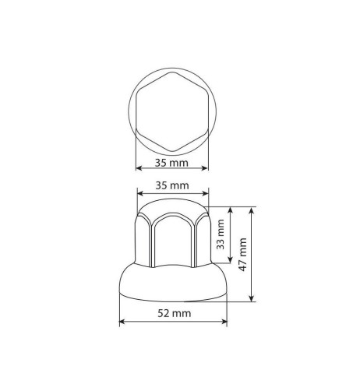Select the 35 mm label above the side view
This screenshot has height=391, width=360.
point(171,185)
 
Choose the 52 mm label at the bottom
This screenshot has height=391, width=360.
point(172,312)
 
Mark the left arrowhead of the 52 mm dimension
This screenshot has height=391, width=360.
point(122,321)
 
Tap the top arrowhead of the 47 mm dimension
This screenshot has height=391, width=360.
point(253,210)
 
